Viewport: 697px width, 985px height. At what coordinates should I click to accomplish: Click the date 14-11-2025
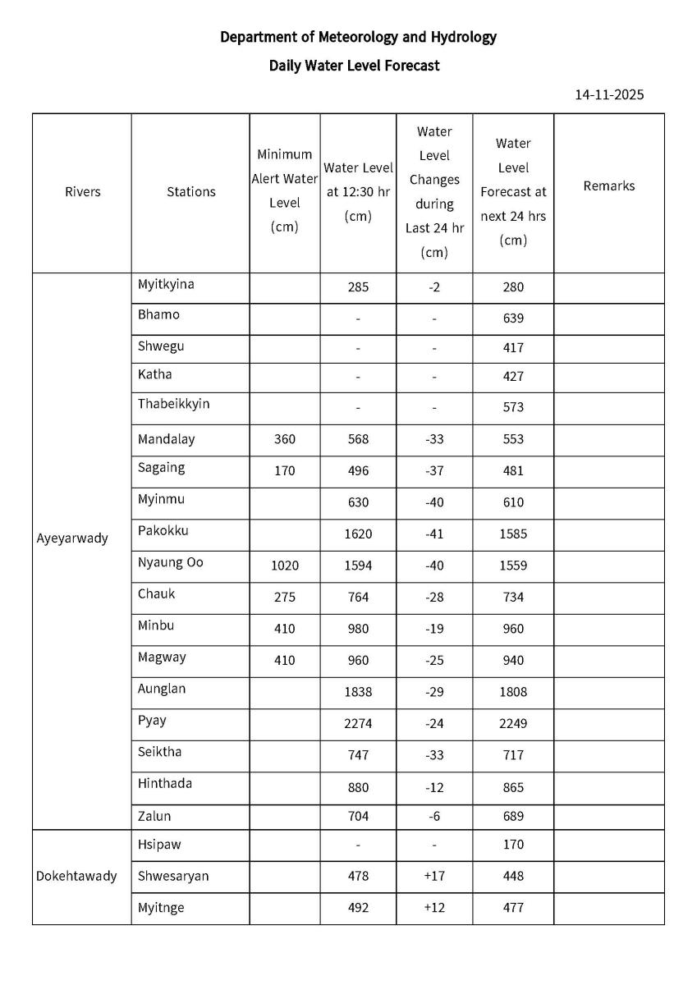(609, 94)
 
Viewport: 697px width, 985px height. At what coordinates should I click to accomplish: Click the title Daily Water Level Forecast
(354, 66)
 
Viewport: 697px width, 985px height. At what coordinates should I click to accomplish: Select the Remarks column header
(608, 186)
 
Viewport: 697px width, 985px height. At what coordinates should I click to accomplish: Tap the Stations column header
(190, 192)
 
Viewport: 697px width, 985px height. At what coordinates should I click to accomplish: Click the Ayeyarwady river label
(72, 539)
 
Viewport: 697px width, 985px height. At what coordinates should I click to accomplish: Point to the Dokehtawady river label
(76, 876)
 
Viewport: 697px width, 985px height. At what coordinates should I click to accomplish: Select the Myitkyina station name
(166, 284)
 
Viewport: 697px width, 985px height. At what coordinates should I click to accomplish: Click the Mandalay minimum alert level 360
(284, 439)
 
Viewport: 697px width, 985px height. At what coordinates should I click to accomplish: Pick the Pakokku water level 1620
(358, 534)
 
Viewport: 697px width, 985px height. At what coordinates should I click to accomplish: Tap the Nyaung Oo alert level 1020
(284, 566)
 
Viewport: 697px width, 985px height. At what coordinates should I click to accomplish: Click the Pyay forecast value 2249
(513, 723)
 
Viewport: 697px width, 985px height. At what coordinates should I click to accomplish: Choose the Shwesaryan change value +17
(434, 876)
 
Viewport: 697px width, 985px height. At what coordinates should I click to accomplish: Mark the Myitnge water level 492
(358, 908)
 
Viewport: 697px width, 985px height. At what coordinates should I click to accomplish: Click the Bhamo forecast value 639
(513, 318)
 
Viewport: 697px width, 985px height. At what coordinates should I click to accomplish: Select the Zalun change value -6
(434, 817)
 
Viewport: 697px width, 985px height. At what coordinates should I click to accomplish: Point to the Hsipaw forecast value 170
(513, 845)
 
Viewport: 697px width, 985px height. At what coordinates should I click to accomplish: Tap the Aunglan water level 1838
(358, 692)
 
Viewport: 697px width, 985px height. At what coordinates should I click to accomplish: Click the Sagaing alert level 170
(284, 471)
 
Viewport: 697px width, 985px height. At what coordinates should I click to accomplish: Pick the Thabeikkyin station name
(174, 404)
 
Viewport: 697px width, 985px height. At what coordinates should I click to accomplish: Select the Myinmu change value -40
(434, 502)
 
